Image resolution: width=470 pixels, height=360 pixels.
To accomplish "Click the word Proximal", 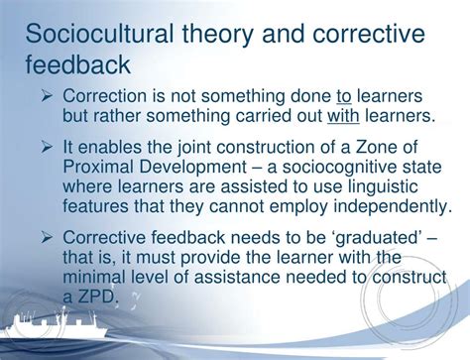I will pos(99,167).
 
